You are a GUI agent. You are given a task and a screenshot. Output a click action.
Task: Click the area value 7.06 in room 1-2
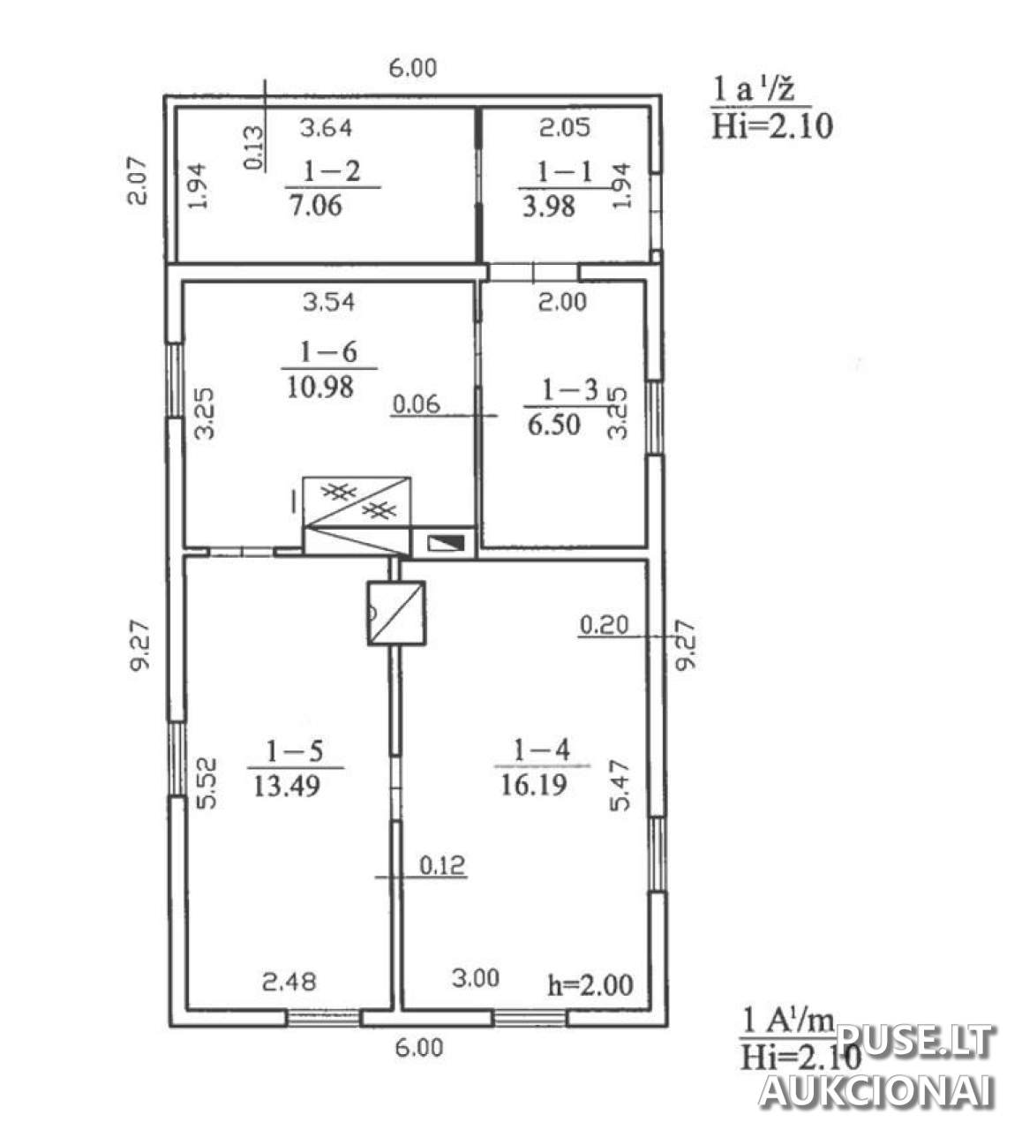(x=315, y=205)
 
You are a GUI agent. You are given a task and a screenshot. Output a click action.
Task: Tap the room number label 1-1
(x=565, y=171)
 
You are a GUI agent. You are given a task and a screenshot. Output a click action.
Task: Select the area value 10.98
(x=320, y=387)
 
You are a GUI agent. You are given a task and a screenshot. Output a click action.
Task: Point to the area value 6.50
(x=554, y=424)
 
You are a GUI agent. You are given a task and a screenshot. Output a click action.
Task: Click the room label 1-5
(x=295, y=751)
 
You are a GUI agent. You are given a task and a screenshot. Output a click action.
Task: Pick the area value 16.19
(x=534, y=785)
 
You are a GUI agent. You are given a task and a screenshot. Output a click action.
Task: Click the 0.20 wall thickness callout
(x=604, y=625)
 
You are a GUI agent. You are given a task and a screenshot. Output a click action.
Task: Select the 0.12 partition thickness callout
(x=443, y=864)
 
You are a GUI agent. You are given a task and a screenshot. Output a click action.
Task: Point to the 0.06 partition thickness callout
(x=417, y=404)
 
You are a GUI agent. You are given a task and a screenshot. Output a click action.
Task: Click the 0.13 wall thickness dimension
(x=254, y=147)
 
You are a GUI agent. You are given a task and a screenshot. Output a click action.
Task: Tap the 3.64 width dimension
(x=327, y=128)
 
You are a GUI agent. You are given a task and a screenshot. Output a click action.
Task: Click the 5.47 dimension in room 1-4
(x=620, y=785)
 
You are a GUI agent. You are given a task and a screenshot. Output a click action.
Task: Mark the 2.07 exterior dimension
(x=137, y=181)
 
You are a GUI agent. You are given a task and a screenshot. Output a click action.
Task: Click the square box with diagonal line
(x=396, y=613)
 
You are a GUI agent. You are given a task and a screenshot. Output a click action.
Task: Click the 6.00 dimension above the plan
(x=413, y=68)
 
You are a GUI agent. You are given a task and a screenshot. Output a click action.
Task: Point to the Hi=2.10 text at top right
(x=772, y=126)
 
